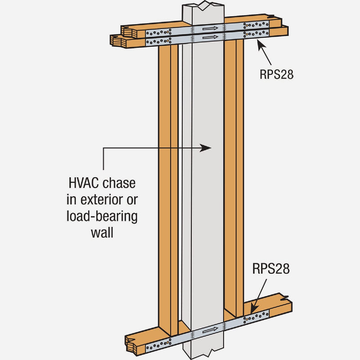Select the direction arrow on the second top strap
(x=210, y=37)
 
